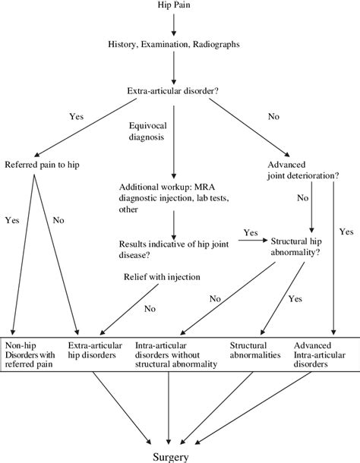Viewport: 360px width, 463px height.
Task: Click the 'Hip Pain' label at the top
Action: [174, 6]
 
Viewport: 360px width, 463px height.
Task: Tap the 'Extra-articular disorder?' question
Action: [174, 92]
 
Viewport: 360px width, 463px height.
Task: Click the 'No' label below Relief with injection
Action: [150, 309]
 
